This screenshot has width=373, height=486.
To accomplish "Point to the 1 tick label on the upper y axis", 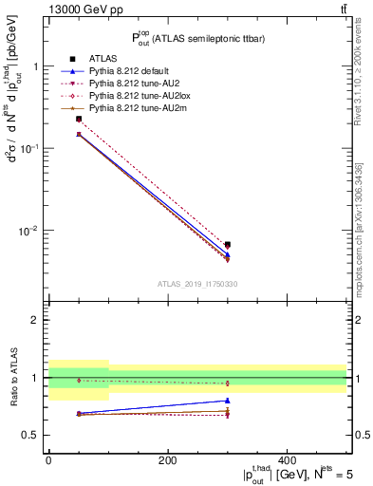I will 35,67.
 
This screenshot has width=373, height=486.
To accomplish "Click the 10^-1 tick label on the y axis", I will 30,149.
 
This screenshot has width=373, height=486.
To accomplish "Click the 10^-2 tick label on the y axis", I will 30,231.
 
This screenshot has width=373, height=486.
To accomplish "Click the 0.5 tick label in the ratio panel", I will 31,435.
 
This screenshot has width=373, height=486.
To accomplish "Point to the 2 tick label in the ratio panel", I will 35,320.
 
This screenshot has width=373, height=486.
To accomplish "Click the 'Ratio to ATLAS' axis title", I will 11,377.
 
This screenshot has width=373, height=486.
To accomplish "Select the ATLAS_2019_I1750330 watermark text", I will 197,284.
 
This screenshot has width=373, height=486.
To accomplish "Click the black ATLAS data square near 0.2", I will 79,120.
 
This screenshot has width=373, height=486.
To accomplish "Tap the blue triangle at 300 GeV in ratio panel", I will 227,401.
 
